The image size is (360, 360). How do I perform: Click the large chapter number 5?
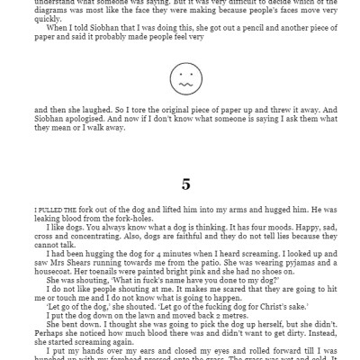click(185, 184)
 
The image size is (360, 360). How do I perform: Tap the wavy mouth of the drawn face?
click(184, 84)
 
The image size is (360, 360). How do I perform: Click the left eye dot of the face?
click(178, 74)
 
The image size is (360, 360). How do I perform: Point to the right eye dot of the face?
click(189, 74)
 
